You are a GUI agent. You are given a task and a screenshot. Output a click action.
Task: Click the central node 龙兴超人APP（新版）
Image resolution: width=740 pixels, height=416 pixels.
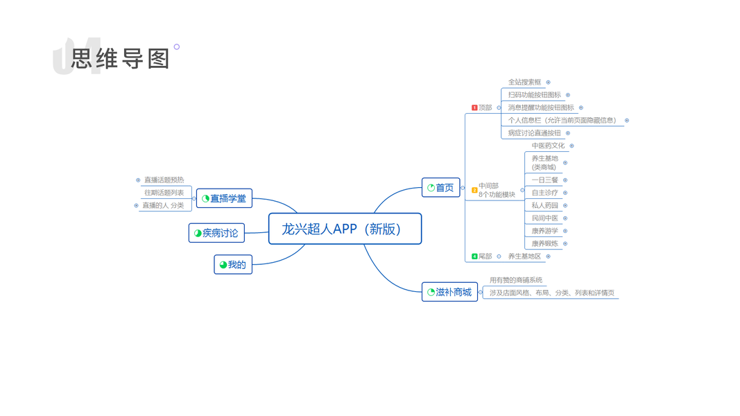click(345, 229)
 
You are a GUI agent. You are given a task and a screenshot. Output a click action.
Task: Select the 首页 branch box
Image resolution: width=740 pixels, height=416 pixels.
click(441, 188)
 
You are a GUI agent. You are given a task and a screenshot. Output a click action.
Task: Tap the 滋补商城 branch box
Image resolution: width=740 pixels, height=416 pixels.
click(449, 292)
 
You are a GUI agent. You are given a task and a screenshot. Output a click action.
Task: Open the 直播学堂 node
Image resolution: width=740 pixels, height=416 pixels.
click(224, 198)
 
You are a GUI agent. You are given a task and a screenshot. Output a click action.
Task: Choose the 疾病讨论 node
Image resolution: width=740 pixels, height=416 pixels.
click(216, 233)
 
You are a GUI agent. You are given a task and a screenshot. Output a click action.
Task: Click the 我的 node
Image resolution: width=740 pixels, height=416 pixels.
click(233, 264)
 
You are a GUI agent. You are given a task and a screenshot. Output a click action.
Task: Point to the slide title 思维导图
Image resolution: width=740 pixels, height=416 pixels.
click(121, 59)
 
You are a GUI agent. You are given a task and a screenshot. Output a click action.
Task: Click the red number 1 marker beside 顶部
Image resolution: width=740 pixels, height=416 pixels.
click(474, 107)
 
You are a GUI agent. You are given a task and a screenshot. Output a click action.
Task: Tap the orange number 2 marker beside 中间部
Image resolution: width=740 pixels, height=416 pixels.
click(474, 190)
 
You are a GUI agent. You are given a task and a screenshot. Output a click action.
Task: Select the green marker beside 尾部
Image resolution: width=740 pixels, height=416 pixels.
click(474, 257)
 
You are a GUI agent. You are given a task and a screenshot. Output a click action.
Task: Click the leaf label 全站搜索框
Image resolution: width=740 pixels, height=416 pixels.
click(524, 82)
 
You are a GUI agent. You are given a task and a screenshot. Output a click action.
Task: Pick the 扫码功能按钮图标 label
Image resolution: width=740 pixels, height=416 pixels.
click(534, 95)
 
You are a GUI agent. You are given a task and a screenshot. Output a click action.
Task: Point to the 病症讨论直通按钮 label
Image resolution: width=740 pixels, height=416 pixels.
click(534, 133)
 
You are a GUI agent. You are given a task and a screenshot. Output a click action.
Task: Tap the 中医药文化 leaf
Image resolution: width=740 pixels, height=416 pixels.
click(548, 146)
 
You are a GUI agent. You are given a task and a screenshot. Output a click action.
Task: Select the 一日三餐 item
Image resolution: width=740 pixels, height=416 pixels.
click(544, 180)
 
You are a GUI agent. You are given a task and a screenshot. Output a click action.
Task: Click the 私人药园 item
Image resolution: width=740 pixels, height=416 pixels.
click(544, 205)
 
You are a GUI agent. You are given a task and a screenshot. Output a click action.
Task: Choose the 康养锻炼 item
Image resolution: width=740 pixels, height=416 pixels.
click(544, 244)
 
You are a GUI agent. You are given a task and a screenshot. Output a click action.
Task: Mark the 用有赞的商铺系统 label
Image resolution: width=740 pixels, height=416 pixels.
click(516, 280)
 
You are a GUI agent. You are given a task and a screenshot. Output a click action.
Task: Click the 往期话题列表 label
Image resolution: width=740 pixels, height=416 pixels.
click(164, 193)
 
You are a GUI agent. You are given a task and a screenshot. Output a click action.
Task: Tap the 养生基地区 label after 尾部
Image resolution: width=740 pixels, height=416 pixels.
click(524, 257)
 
